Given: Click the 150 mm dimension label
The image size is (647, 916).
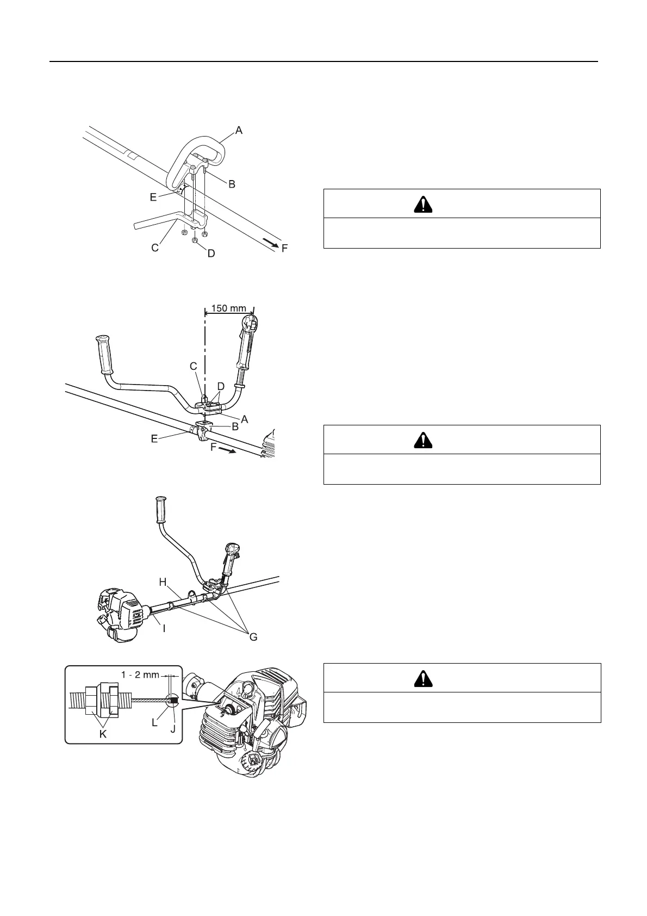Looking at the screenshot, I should point(228,308).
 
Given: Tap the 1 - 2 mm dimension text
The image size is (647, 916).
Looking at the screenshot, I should point(140,675).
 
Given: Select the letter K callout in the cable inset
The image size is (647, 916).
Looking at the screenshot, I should point(102,734).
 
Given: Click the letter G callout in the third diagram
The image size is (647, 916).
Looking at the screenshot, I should point(253,637).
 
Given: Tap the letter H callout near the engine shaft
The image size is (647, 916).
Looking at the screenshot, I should point(163,582).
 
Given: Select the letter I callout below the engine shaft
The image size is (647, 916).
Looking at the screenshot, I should point(164,628).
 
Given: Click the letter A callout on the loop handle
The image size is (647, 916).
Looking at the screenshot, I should point(238,130).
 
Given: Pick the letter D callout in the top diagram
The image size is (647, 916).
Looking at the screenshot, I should point(211,253).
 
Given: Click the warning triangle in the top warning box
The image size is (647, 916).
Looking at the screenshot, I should point(422,204).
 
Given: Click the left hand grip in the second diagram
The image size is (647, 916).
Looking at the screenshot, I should point(103,354).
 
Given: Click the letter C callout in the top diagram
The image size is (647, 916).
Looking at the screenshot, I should point(155,247).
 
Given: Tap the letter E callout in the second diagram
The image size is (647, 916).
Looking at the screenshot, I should point(154,438).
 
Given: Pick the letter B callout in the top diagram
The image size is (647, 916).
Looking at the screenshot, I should point(232,184).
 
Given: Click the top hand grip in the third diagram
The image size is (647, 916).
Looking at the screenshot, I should point(161,509).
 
